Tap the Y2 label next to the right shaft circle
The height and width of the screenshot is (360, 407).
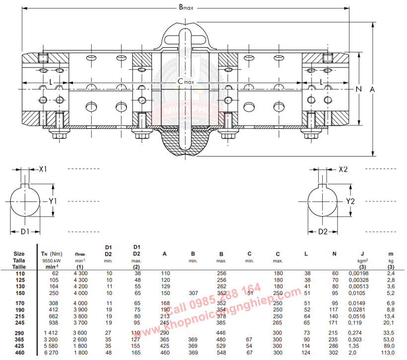[x=350, y=201]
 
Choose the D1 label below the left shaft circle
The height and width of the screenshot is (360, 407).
[x=26, y=231]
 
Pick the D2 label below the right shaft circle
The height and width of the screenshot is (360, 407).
[x=323, y=231]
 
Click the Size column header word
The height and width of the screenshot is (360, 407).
[x=19, y=254]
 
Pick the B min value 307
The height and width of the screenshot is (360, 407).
[x=193, y=293]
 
